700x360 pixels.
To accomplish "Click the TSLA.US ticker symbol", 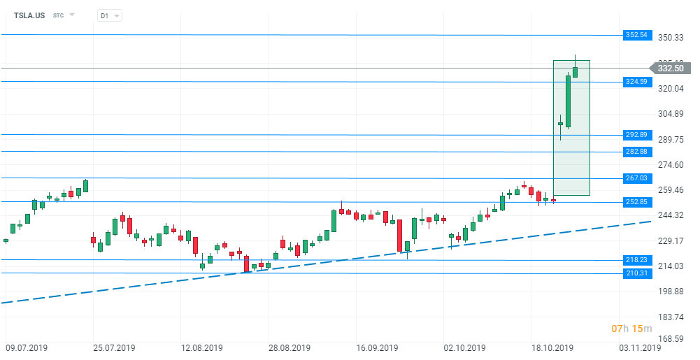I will (x=29, y=15).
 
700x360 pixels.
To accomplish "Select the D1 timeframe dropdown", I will (x=109, y=15).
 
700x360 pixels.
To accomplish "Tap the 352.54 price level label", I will (x=637, y=35).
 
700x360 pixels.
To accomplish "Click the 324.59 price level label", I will (x=637, y=82).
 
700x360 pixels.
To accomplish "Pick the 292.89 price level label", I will (x=637, y=135).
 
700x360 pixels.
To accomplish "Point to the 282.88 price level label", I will (x=637, y=152).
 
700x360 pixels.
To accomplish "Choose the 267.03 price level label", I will (x=637, y=178).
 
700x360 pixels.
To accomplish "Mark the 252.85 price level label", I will (x=637, y=202).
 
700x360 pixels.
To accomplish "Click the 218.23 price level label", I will (x=637, y=260).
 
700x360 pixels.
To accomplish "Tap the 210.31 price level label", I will (x=637, y=273).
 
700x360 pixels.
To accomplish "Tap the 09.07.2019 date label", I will (x=27, y=347).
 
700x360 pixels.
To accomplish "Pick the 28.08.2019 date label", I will (x=289, y=347).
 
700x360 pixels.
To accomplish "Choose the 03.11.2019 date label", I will (x=641, y=347).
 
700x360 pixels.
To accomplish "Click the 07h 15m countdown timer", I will (x=631, y=329).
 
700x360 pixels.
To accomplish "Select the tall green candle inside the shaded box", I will (x=569, y=101).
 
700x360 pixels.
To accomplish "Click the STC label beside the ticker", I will (x=59, y=15).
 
